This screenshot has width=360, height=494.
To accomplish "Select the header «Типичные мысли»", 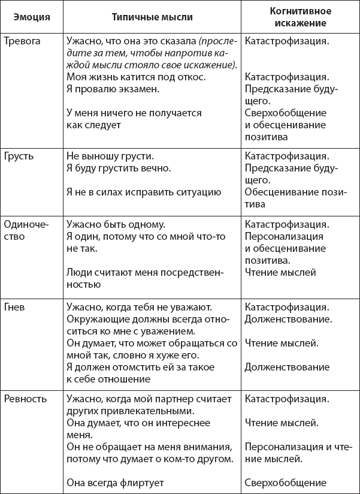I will pos(152,17).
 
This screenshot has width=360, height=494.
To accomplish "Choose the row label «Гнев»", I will pos(15,306).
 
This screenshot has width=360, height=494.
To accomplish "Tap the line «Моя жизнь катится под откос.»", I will pos(136,77).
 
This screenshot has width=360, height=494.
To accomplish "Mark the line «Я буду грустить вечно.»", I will pos(119,168).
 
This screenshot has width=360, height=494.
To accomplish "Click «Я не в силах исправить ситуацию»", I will pos(144,192).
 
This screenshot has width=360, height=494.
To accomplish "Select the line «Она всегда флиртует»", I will pos(115,482).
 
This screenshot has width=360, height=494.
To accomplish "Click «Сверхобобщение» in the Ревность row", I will pos(285,482).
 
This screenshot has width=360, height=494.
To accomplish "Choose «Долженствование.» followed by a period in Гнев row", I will pos(289,318).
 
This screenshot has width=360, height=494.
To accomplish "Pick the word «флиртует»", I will pos(144,482).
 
